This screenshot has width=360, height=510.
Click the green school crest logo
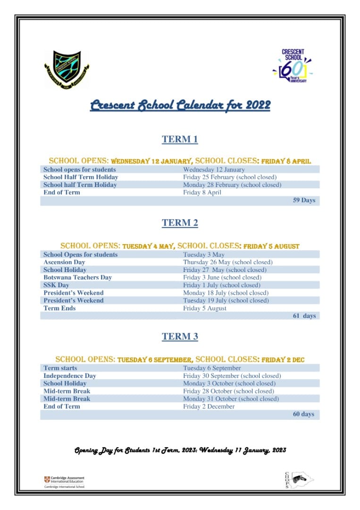67,69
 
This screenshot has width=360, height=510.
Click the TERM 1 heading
180,139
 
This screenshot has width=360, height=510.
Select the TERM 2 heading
180,223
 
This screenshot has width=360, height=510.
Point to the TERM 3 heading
180,337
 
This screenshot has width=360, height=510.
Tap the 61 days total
304,316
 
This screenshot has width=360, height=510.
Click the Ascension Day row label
64,262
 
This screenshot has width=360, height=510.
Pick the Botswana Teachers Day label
77,277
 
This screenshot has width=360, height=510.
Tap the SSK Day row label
56,285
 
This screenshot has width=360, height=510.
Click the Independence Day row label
69,376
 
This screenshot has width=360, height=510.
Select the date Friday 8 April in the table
202,193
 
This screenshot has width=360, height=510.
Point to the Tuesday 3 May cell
204,255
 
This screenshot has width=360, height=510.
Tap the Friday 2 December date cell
209,407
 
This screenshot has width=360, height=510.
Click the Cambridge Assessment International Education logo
64,481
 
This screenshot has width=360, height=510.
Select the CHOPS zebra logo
297,480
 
